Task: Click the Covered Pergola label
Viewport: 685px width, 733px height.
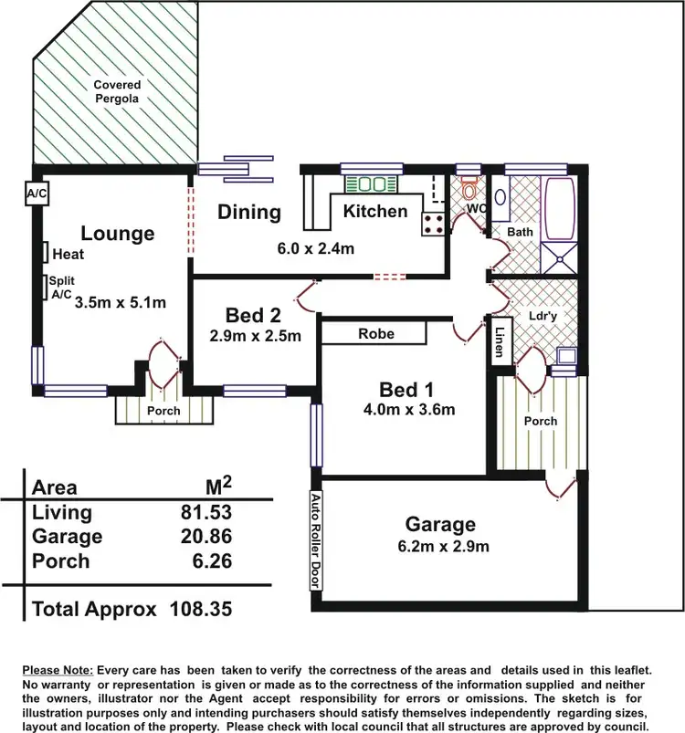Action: [x=117, y=91]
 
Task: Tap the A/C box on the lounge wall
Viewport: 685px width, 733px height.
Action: [x=37, y=194]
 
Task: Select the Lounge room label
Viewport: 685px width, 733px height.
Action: [x=118, y=234]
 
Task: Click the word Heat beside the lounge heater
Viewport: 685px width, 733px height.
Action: [x=68, y=255]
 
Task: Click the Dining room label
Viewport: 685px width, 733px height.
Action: [x=248, y=212]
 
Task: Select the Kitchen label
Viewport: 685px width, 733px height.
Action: [x=374, y=212]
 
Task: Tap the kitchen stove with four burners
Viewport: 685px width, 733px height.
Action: [x=433, y=224]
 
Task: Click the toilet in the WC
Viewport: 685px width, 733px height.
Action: [x=469, y=189]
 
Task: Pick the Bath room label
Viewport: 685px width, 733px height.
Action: [x=520, y=232]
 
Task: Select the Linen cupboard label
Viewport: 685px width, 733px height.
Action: [x=501, y=340]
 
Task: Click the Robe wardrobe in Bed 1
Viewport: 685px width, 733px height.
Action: [x=375, y=333]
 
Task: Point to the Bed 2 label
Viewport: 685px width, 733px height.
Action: [x=253, y=316]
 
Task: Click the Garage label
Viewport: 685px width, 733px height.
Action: [x=440, y=524]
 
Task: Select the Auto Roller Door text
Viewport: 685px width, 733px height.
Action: [x=315, y=541]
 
